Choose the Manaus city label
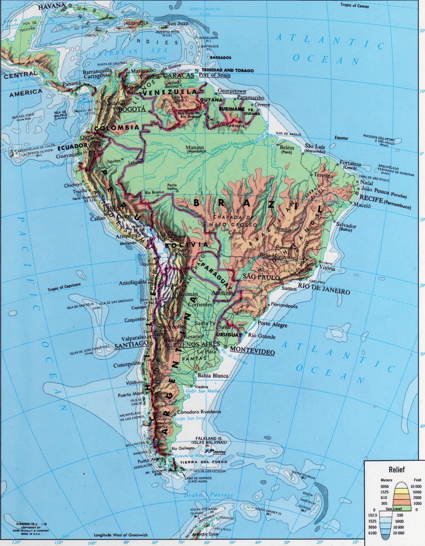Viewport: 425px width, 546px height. pyautogui.click(x=195, y=148)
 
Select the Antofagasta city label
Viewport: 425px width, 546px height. pyautogui.click(x=133, y=283)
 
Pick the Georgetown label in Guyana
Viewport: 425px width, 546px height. pyautogui.click(x=232, y=91)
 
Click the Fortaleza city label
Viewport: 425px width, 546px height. pyautogui.click(x=350, y=164)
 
